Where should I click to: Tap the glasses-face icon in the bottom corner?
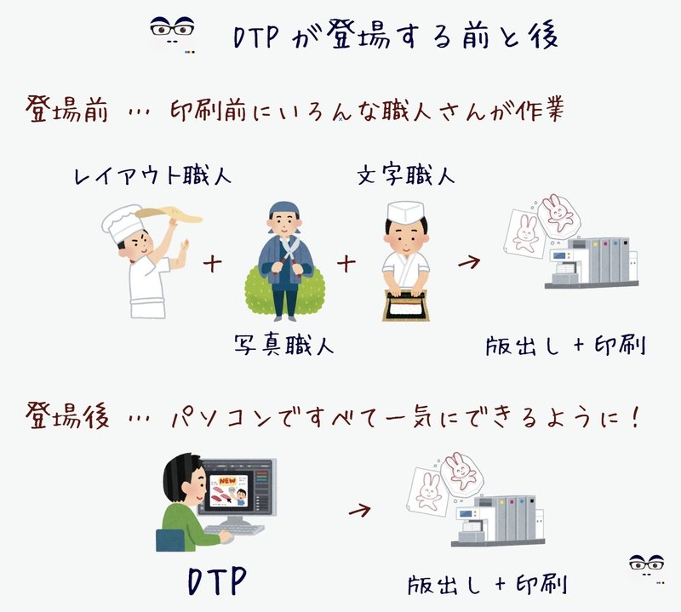click(646, 565)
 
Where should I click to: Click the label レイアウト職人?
click(152, 178)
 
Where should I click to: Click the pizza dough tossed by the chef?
click(179, 214)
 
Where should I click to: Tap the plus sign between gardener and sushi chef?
click(345, 263)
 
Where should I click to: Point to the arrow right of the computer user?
click(362, 511)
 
